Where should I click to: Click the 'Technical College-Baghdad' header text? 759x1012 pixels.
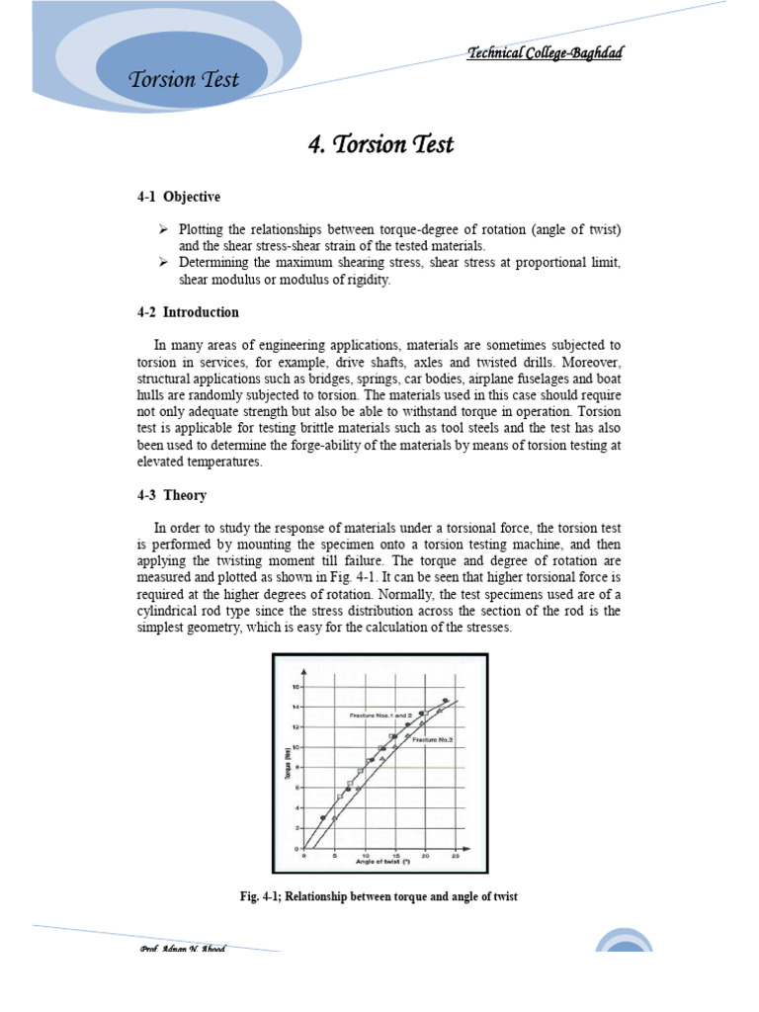click(x=545, y=52)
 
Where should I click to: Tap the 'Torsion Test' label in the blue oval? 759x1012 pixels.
click(x=184, y=80)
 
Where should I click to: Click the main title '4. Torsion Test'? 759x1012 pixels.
click(x=380, y=144)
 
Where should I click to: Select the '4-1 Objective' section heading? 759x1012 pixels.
click(x=179, y=197)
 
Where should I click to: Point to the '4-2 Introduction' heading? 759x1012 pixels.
click(x=188, y=312)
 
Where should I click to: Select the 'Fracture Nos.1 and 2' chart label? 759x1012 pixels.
click(x=381, y=715)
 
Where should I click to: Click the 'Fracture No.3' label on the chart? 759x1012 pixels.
click(x=434, y=739)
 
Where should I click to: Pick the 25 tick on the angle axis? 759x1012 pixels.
click(x=455, y=856)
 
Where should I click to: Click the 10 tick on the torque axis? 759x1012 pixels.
click(x=295, y=747)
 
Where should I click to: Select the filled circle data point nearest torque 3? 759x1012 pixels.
click(x=323, y=817)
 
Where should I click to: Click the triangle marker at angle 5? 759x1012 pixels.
click(x=335, y=819)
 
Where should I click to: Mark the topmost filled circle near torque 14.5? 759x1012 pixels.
click(x=446, y=701)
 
